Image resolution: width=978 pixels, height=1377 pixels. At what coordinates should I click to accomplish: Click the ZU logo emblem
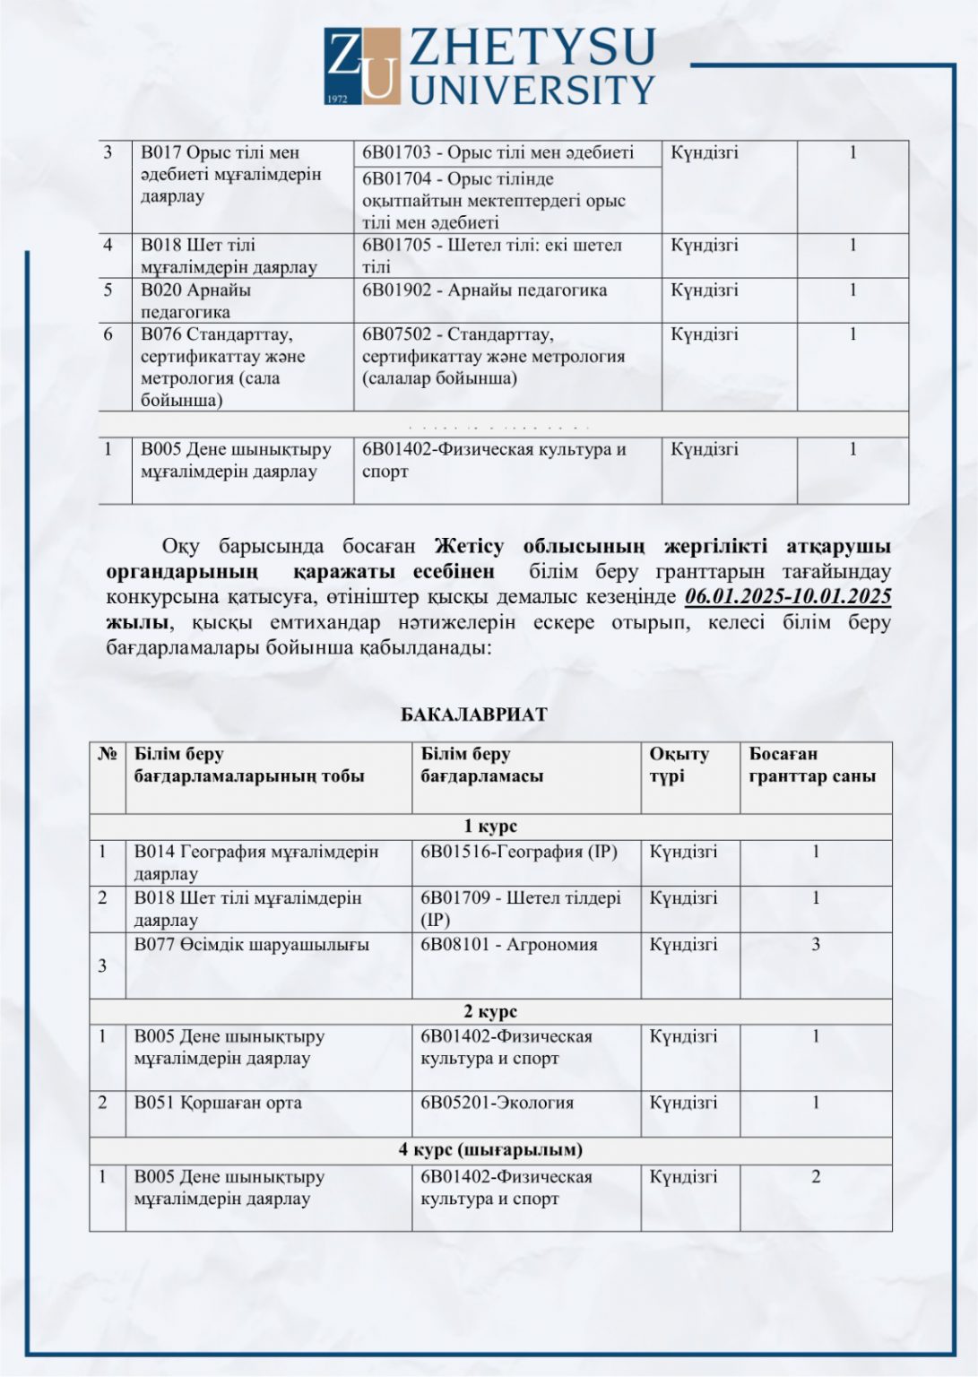pyautogui.click(x=361, y=66)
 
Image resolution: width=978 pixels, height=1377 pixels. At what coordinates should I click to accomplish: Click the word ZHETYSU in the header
pyautogui.click(x=532, y=47)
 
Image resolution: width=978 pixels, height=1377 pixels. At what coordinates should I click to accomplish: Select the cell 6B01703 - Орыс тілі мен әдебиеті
pyautogui.click(x=498, y=152)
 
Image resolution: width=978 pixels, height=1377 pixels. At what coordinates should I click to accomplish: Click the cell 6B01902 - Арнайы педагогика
pyautogui.click(x=484, y=290)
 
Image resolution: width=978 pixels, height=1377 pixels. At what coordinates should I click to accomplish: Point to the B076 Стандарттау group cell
pyautogui.click(x=224, y=367)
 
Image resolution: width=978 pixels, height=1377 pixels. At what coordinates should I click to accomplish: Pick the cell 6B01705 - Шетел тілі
pyautogui.click(x=491, y=255)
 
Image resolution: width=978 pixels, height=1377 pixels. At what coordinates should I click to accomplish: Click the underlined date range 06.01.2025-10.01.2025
pyautogui.click(x=787, y=596)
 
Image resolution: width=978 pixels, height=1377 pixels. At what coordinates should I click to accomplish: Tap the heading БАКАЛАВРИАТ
pyautogui.click(x=473, y=714)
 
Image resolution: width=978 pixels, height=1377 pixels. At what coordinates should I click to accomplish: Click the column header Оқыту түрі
pyautogui.click(x=679, y=765)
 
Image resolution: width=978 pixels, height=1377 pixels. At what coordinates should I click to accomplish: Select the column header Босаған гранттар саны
pyautogui.click(x=812, y=765)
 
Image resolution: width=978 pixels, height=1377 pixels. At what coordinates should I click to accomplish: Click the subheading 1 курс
pyautogui.click(x=490, y=826)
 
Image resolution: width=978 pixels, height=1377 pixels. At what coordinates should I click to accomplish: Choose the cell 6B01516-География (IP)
pyautogui.click(x=519, y=852)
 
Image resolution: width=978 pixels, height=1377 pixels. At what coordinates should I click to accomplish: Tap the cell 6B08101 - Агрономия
pyautogui.click(x=508, y=945)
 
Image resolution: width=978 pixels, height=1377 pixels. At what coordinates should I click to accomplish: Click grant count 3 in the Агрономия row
pyautogui.click(x=816, y=945)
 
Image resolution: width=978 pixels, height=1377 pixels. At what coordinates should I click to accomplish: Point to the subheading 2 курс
pyautogui.click(x=490, y=1011)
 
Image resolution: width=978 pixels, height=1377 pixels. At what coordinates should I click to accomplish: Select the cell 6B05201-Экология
pyautogui.click(x=497, y=1103)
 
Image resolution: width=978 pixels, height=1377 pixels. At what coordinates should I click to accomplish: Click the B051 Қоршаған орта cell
pyautogui.click(x=218, y=1103)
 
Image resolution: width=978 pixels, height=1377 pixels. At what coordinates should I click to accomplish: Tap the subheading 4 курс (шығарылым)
pyautogui.click(x=490, y=1149)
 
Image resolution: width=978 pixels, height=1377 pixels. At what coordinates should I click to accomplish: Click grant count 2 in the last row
pyautogui.click(x=816, y=1177)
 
